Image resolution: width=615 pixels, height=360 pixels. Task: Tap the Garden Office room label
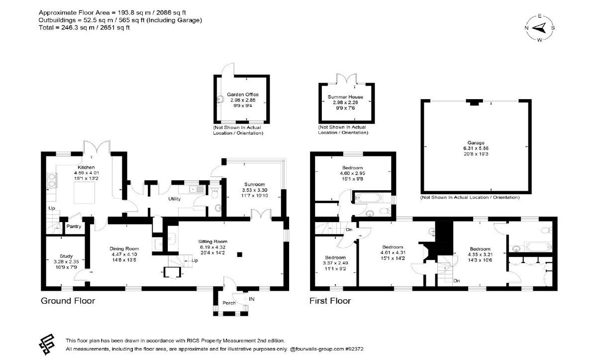tap(243, 95)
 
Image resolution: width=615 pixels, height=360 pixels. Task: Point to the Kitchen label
tap(86, 167)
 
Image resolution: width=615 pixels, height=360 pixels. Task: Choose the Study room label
tap(66, 256)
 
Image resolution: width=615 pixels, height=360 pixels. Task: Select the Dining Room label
tap(124, 248)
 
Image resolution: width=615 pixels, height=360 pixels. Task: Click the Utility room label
tap(174, 199)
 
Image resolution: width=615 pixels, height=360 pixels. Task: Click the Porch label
tap(229, 303)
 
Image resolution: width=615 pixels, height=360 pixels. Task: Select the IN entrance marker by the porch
tap(251, 299)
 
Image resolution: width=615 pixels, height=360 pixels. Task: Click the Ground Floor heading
tap(68, 301)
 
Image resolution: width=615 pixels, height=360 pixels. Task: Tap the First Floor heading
tap(330, 301)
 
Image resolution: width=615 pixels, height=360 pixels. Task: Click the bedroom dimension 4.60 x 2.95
tap(352, 173)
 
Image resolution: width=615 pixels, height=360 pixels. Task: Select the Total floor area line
tap(84, 28)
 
